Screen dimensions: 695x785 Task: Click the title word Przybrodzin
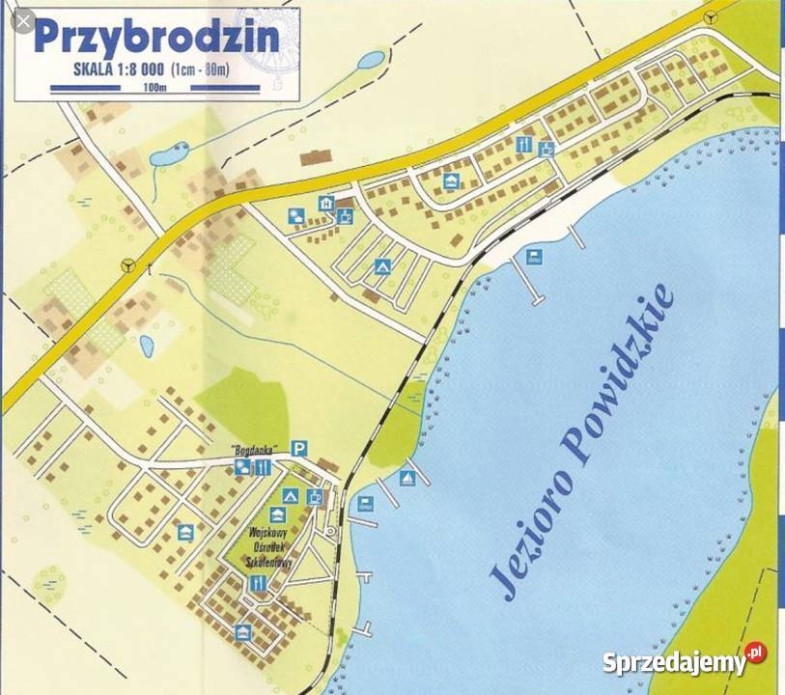coord(156,37)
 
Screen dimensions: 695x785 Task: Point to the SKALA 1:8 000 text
coord(119,69)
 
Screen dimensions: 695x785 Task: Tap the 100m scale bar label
coord(154,88)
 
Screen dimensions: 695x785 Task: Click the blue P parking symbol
coord(299,447)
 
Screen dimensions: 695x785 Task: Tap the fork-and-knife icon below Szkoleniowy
coord(258,583)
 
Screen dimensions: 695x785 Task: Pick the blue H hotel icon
coord(327,204)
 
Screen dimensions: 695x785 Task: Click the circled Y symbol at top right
coord(712,16)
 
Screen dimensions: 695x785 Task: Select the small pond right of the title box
coord(370,61)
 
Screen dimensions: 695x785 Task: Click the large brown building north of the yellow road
coord(315,156)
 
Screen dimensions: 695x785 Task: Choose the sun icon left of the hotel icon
coord(294,217)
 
